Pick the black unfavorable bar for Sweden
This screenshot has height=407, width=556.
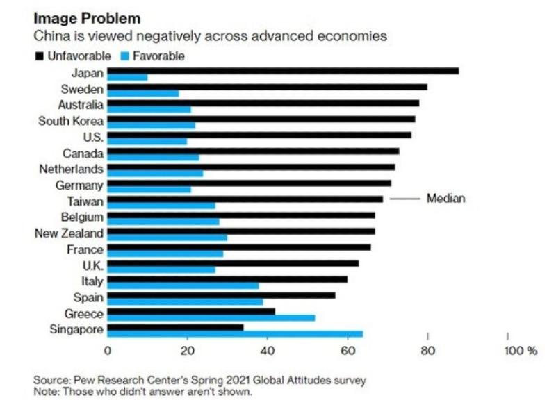[x=268, y=87]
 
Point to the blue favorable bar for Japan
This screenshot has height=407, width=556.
[x=127, y=77]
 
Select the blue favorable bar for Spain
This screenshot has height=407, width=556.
[x=185, y=301]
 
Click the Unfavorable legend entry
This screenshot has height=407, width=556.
[x=76, y=56]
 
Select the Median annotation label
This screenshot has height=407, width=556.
[x=445, y=199]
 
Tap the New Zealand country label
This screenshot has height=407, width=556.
[x=69, y=233]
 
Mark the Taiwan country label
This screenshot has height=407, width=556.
[x=85, y=201]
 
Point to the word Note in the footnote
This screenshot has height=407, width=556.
[x=45, y=390]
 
